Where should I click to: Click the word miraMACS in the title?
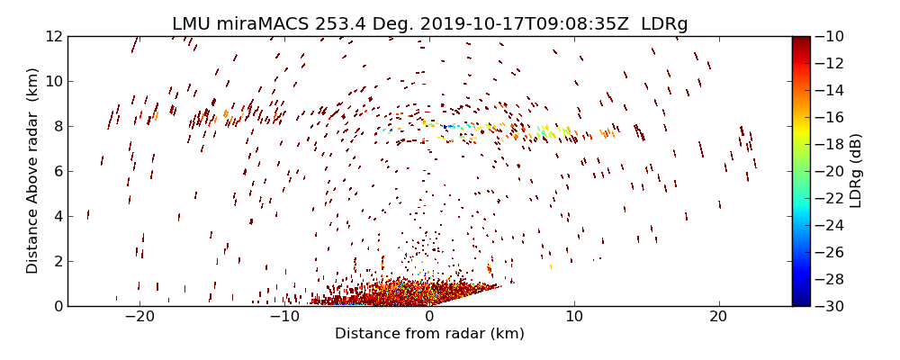pyautogui.click(x=264, y=24)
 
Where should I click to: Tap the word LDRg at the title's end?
pyautogui.click(x=664, y=24)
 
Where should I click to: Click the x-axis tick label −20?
pyautogui.click(x=139, y=318)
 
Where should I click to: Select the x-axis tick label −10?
pyautogui.click(x=284, y=318)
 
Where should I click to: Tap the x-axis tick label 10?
pyautogui.click(x=574, y=318)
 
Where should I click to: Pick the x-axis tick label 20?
pyautogui.click(x=718, y=318)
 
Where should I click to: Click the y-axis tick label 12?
pyautogui.click(x=52, y=36)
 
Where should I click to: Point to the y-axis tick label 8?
pyautogui.click(x=56, y=126)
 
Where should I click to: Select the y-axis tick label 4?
pyautogui.click(x=56, y=216)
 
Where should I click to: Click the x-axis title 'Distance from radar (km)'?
pyautogui.click(x=429, y=334)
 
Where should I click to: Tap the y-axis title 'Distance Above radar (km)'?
pyautogui.click(x=33, y=171)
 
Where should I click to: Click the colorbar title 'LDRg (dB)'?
pyautogui.click(x=856, y=171)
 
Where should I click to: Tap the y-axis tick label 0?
pyautogui.click(x=56, y=306)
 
